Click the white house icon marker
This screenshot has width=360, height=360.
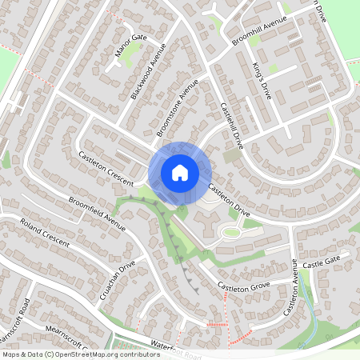179,172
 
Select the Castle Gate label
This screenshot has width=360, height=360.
321,259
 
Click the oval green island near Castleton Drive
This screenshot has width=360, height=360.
230,233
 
